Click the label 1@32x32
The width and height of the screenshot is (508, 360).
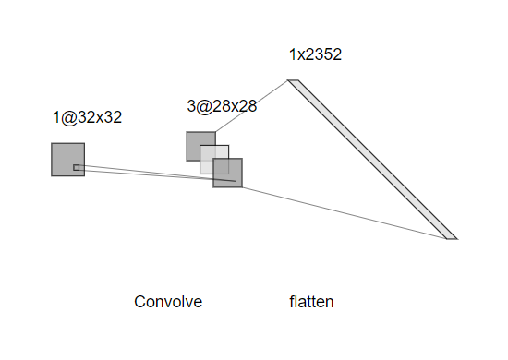coord(87,117)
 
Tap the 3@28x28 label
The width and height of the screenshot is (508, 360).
coord(222,106)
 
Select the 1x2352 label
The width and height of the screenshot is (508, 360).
coord(315,54)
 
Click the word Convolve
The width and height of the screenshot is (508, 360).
coord(168,302)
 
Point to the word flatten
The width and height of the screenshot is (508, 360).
coord(311,302)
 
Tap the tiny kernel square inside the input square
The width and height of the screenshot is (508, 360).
coord(76,167)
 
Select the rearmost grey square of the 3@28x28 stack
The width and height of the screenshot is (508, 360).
coord(193,139)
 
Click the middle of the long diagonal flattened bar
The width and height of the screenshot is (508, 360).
coord(372,160)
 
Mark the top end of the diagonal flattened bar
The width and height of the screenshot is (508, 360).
coord(293,80)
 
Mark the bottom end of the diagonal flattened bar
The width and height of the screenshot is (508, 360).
coord(453,239)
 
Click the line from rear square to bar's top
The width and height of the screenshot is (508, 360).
coord(251,106)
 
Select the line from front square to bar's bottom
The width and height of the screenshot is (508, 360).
coord(345,213)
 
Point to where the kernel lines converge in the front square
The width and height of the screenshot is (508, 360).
coord(236,181)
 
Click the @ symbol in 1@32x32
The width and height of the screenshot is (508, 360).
coord(68,118)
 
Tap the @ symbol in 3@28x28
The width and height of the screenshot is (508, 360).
coord(203,106)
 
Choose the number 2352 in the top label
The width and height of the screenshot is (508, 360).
coord(323,54)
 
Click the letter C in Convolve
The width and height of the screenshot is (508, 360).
coord(140,302)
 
